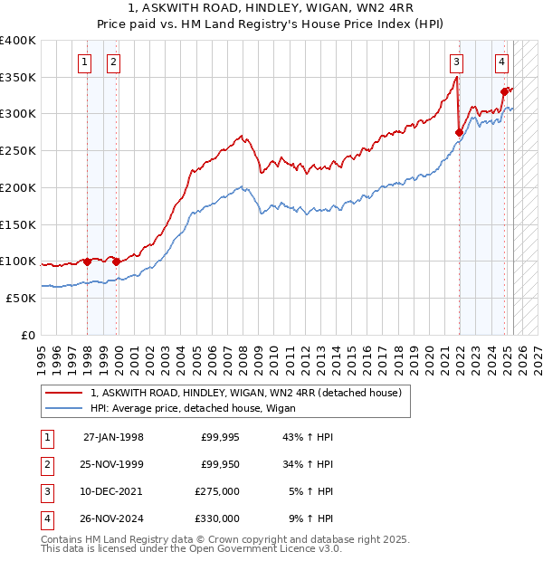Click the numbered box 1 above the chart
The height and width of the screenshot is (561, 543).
click(x=84, y=62)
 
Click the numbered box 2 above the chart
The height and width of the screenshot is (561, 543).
click(x=113, y=62)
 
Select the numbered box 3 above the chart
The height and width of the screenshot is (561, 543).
click(x=457, y=62)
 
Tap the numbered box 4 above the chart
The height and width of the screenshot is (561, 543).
click(x=501, y=62)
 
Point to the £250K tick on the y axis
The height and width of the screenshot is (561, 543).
click(x=18, y=151)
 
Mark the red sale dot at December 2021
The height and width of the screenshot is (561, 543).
click(x=459, y=133)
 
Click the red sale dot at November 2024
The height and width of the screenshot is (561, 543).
click(x=504, y=91)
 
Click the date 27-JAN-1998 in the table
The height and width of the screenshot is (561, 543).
click(x=113, y=437)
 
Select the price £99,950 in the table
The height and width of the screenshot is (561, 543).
click(x=217, y=464)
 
